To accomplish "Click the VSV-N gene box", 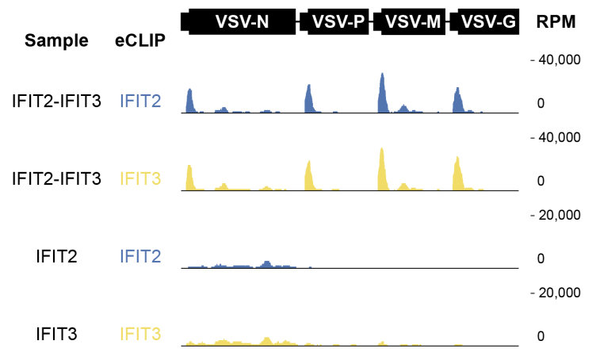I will (241, 22).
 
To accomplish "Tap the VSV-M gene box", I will (411, 22).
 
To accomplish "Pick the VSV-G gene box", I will (485, 22).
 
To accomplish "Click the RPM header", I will (556, 22).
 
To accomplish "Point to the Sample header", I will (56, 41).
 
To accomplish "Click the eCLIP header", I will (140, 41).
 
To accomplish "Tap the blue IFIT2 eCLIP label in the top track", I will (140, 101).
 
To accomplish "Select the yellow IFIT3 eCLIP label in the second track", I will (140, 178).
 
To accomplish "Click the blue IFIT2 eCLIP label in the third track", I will (140, 256).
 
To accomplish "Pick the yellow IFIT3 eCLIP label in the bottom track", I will (140, 334).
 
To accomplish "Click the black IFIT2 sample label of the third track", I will (56, 256).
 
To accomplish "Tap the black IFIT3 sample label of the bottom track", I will (56, 334).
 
